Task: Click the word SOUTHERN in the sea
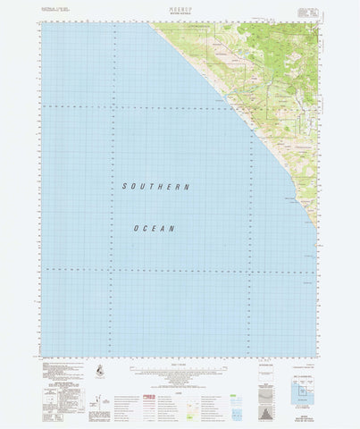click(156, 186)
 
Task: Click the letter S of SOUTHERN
click(123, 186)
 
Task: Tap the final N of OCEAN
click(172, 229)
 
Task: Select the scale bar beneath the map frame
click(179, 360)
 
